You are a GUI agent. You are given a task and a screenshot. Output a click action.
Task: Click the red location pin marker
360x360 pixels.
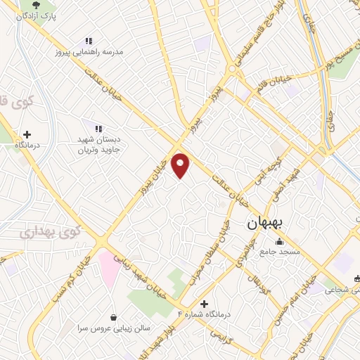point(181,165)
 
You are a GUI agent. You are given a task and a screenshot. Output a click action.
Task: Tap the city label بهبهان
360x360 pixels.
point(265,224)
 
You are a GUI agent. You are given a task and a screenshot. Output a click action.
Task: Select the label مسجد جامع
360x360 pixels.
point(279,251)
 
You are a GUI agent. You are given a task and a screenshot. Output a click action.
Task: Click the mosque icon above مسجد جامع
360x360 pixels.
point(279,242)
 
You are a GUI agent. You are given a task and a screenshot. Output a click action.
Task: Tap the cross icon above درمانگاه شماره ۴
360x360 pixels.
point(205,304)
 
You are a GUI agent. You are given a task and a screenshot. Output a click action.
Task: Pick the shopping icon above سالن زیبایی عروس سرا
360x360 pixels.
point(114,318)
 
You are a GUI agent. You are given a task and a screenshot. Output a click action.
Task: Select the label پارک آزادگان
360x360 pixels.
point(39,14)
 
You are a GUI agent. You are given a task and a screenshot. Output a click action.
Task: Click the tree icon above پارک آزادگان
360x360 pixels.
point(32,4)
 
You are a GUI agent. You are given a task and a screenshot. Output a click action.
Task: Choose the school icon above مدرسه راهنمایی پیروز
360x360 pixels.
point(89,41)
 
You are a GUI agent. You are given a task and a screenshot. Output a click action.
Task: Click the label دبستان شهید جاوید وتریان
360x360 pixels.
point(99,144)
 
